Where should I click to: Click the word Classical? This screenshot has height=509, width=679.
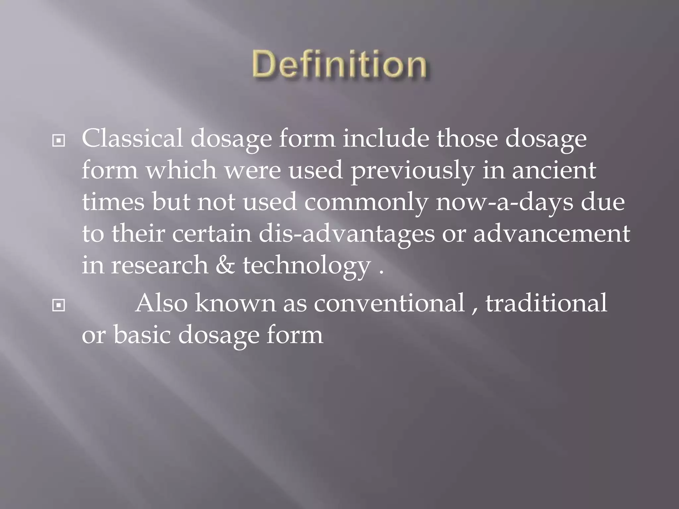click(132, 138)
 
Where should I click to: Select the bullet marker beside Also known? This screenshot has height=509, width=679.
click(59, 306)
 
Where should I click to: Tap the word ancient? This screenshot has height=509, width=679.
click(554, 170)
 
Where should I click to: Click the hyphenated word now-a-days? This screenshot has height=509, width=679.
click(504, 202)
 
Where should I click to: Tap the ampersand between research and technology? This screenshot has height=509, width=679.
click(225, 265)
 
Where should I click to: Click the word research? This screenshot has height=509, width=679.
click(159, 265)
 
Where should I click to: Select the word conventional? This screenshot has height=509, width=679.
click(389, 303)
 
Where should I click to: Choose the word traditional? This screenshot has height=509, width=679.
click(546, 303)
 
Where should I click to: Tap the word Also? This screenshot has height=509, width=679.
click(161, 303)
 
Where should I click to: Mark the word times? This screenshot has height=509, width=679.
click(113, 202)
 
